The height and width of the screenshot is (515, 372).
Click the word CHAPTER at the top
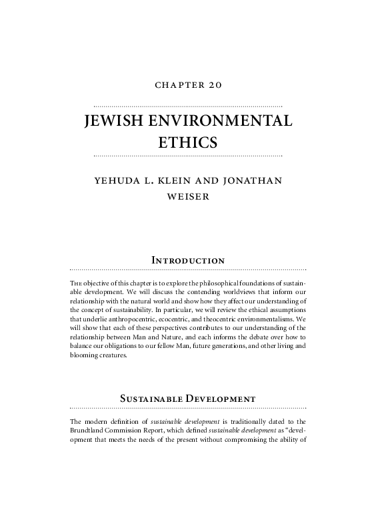(176, 86)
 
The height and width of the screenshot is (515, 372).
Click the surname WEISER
(187, 198)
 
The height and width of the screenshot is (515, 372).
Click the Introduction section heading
(187, 259)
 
